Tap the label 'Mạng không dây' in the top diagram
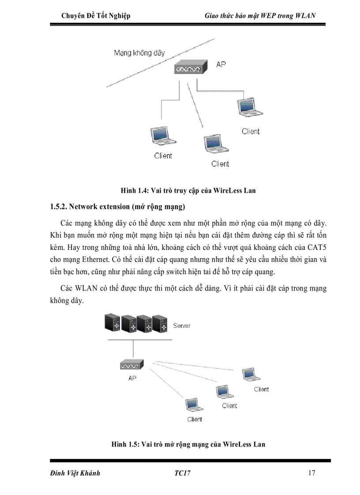(x=139, y=53)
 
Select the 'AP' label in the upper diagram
(x=221, y=64)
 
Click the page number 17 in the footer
(x=311, y=473)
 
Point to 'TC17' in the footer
(x=182, y=473)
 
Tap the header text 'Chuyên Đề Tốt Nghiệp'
(x=96, y=16)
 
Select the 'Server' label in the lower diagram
(x=182, y=326)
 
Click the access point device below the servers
(x=132, y=365)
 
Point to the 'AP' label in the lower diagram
(x=132, y=379)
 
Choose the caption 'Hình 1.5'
(x=125, y=444)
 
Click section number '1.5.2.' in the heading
(x=57, y=206)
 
